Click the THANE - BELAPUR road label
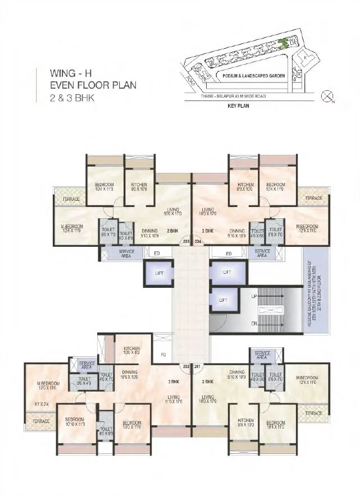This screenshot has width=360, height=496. click(x=234, y=97)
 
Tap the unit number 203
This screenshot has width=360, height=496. click(x=186, y=242)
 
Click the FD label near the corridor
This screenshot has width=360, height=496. click(x=163, y=355)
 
